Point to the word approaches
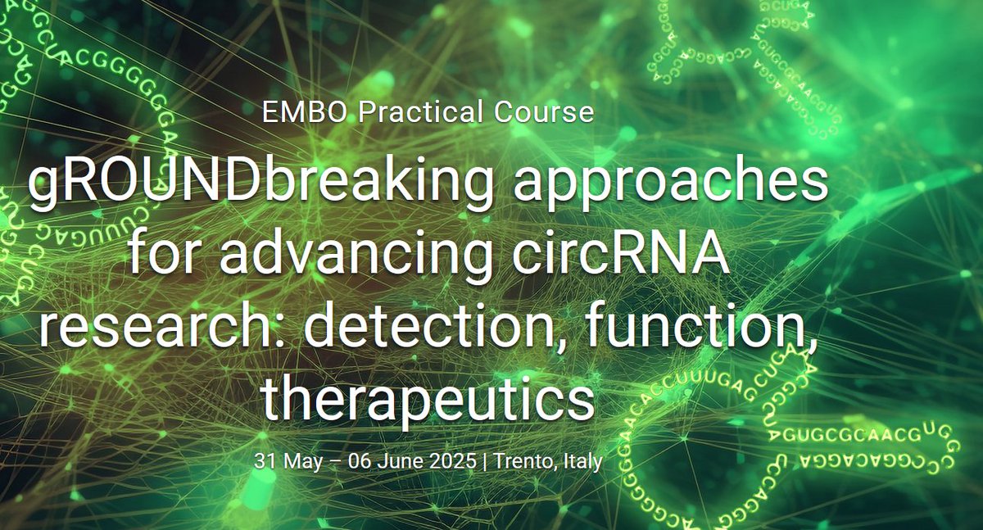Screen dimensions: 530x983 pos(671,187)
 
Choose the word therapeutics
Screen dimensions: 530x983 pos(426,398)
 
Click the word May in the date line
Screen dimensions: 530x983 pos(298,462)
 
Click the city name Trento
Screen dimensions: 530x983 pos(525,461)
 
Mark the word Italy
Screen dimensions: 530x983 pos(583,462)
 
